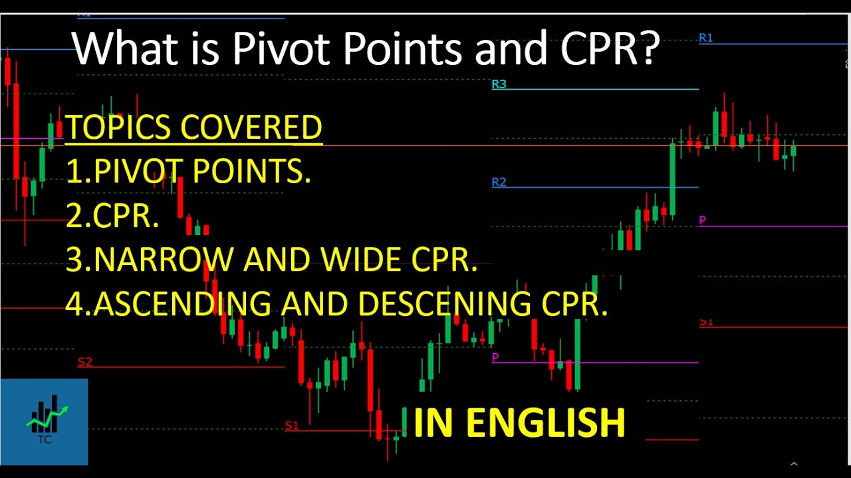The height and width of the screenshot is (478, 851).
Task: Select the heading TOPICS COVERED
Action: click(193, 127)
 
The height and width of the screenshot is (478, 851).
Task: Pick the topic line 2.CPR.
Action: click(112, 215)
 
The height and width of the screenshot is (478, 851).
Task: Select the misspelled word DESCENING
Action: click(444, 303)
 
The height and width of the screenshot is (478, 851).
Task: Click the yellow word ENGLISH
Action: click(547, 423)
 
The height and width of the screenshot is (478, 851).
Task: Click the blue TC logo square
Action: click(44, 422)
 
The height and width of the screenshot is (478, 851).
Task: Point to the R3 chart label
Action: click(499, 84)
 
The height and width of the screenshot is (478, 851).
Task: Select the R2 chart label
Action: click(499, 182)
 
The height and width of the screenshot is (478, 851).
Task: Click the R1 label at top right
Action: click(705, 38)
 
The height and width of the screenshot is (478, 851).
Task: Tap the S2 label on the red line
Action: click(84, 362)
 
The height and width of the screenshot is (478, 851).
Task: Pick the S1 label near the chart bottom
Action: click(292, 426)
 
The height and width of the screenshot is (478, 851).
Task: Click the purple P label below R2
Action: click(703, 220)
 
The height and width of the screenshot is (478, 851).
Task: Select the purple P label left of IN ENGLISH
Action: click(495, 358)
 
